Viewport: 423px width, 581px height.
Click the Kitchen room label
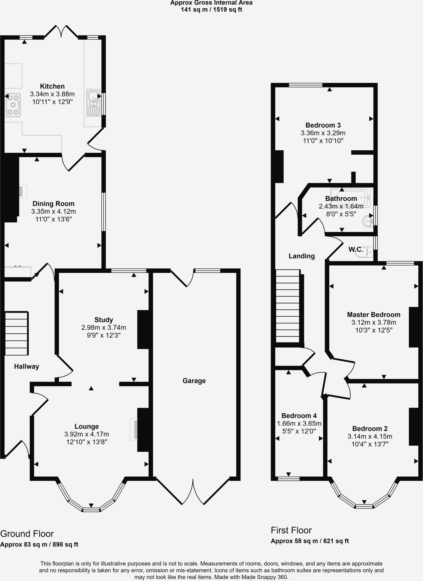click(52, 86)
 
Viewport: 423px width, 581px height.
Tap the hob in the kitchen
click(13, 105)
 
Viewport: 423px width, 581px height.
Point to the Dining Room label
click(53, 204)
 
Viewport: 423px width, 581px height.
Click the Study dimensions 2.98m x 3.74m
click(104, 328)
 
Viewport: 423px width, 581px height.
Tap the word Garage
click(194, 381)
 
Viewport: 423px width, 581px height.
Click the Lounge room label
click(87, 426)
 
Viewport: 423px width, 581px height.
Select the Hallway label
click(26, 367)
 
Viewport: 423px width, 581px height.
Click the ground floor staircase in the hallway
click(16, 333)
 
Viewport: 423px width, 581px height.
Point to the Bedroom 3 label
click(323, 125)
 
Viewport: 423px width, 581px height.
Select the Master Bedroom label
click(374, 315)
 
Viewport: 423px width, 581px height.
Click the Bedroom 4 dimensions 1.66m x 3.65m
click(299, 424)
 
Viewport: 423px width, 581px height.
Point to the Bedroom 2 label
click(370, 429)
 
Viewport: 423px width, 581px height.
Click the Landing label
click(302, 256)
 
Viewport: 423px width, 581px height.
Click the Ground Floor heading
click(27, 534)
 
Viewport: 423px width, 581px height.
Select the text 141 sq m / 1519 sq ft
click(211, 10)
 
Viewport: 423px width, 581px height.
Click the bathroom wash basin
click(368, 221)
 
